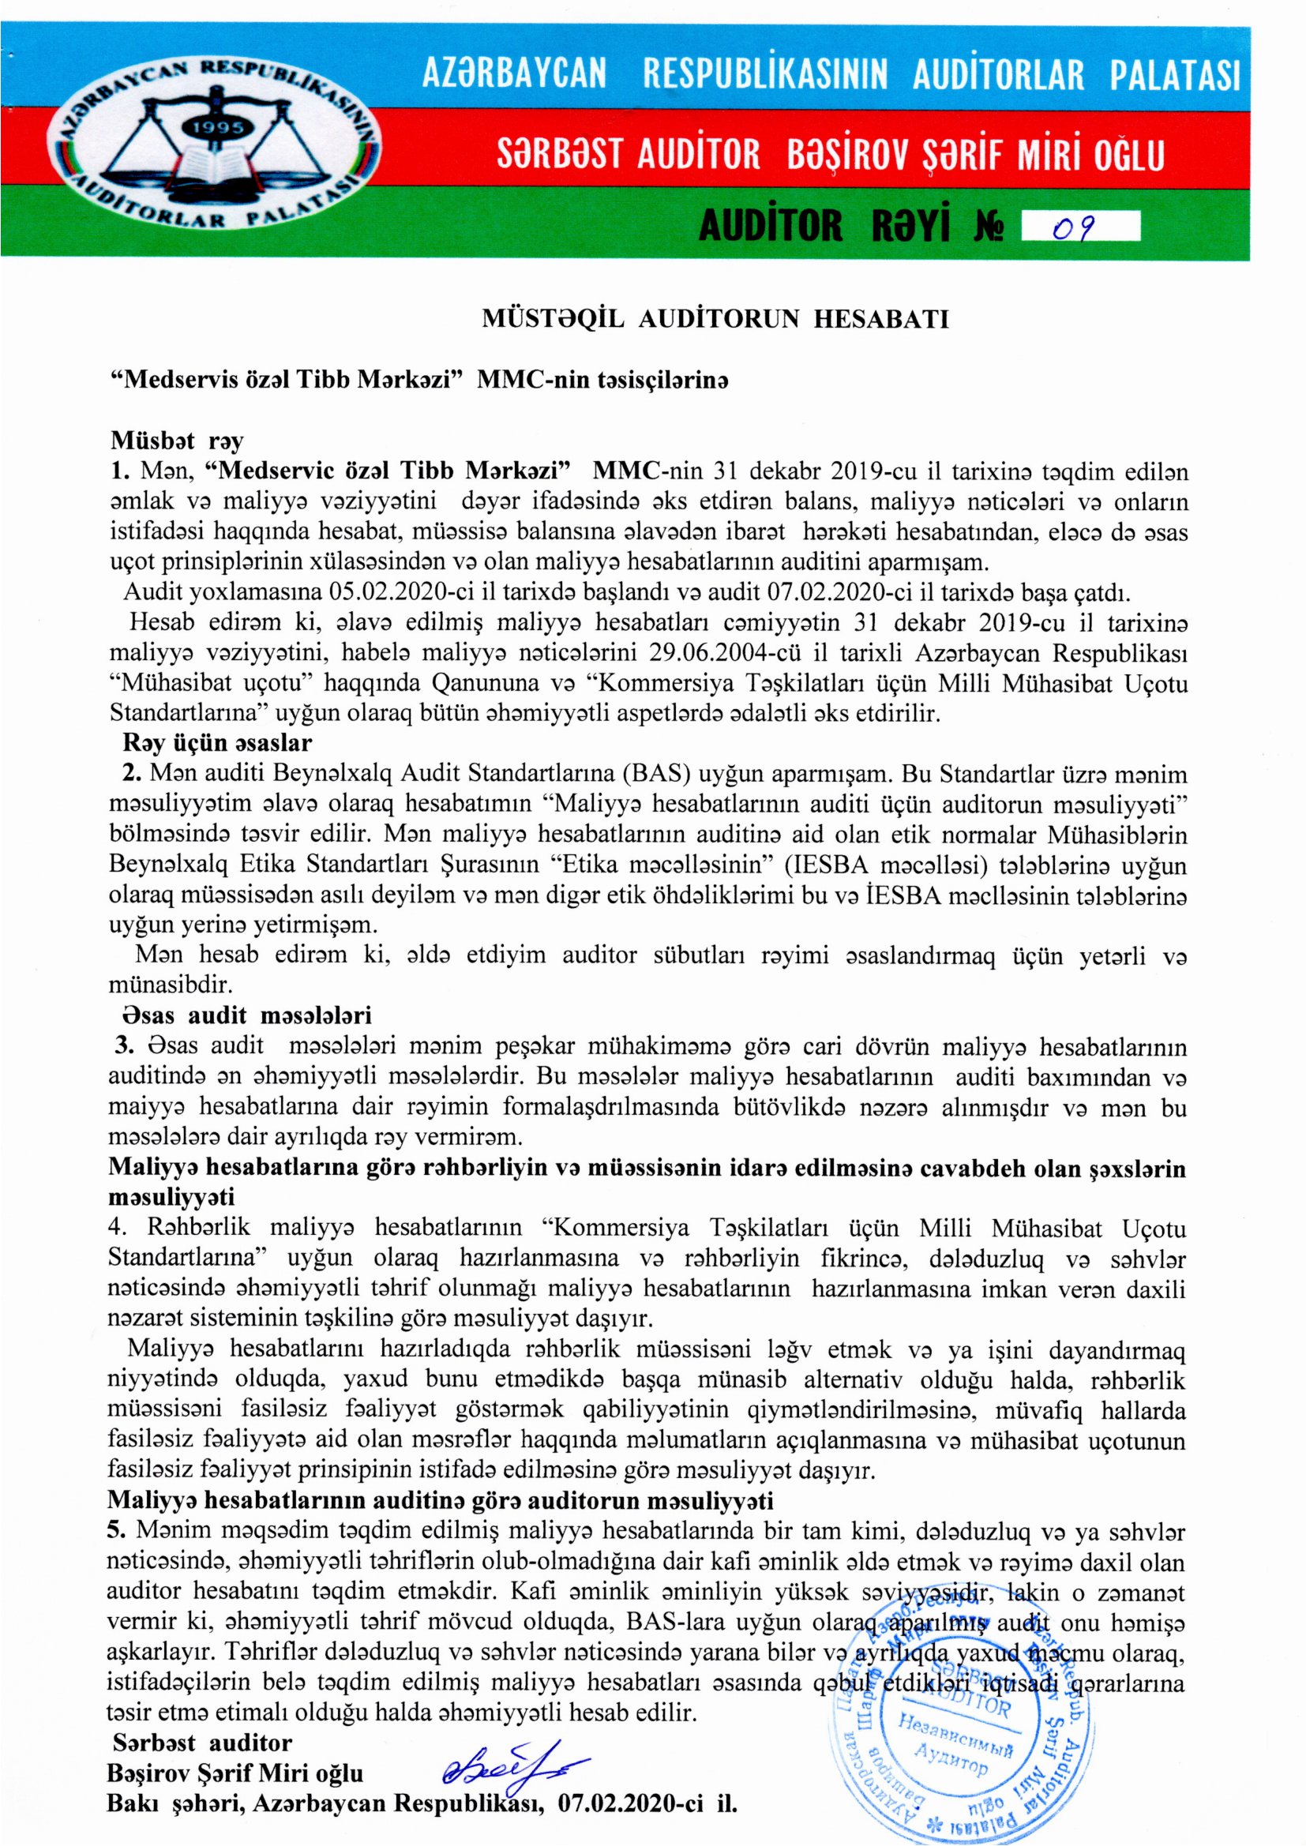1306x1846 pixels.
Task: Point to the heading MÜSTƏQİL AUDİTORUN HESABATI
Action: [714, 320]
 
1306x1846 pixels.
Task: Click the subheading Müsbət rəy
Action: [177, 441]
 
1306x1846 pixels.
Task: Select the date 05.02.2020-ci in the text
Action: [403, 594]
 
